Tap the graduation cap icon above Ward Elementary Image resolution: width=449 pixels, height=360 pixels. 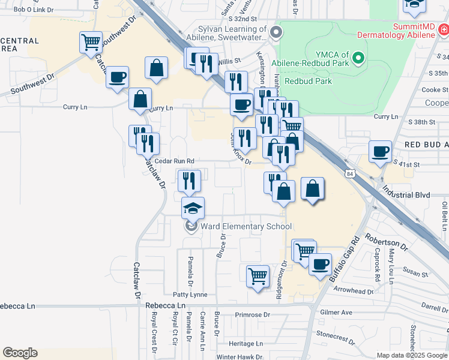[x=193, y=208]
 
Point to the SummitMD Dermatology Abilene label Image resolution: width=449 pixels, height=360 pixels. [x=396, y=31]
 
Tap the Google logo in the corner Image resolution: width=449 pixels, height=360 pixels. [x=20, y=353]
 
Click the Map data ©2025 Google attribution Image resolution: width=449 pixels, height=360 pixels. [x=412, y=355]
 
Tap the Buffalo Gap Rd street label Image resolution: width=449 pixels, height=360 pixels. [x=344, y=258]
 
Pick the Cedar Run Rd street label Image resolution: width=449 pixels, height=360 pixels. [x=175, y=161]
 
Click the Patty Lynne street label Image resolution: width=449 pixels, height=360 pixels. [x=190, y=295]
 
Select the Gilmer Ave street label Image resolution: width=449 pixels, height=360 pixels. [x=336, y=313]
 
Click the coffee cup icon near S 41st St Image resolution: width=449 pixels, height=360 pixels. [x=380, y=151]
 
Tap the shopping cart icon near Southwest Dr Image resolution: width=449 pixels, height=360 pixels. [x=91, y=43]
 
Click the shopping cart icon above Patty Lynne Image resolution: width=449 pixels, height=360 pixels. [x=258, y=277]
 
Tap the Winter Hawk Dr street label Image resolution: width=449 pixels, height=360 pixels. [x=240, y=356]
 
